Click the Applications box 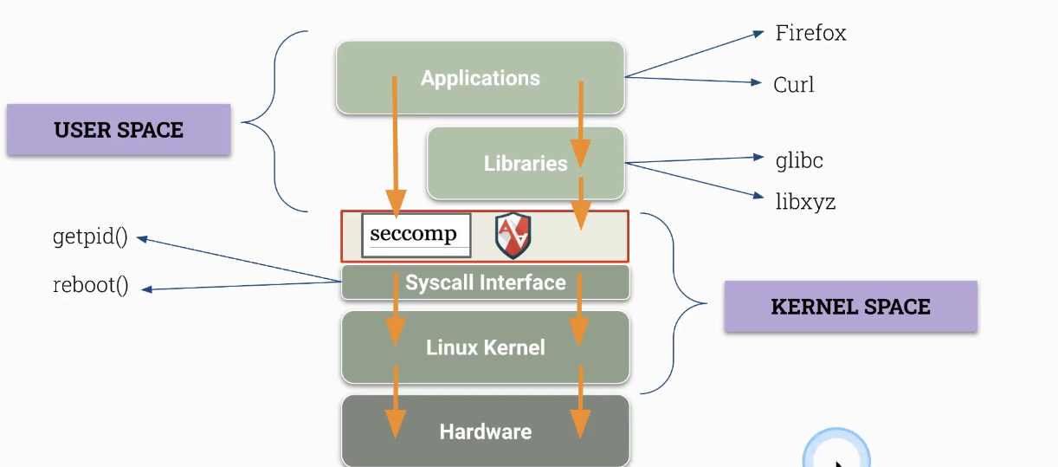click(x=480, y=78)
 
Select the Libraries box click(x=525, y=163)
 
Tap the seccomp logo click(x=416, y=235)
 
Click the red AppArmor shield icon click(x=513, y=237)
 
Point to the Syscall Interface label click(x=485, y=282)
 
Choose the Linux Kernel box click(x=485, y=347)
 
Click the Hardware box click(x=485, y=431)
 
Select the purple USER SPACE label click(x=119, y=130)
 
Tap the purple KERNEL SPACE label click(x=850, y=307)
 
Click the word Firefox click(x=810, y=34)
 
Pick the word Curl click(x=793, y=85)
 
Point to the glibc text click(x=799, y=160)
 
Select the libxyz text click(x=805, y=203)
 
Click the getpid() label click(x=90, y=237)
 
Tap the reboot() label click(x=90, y=286)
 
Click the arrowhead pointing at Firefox click(x=759, y=35)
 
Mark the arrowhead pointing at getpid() click(x=142, y=238)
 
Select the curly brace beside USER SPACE click(x=275, y=122)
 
